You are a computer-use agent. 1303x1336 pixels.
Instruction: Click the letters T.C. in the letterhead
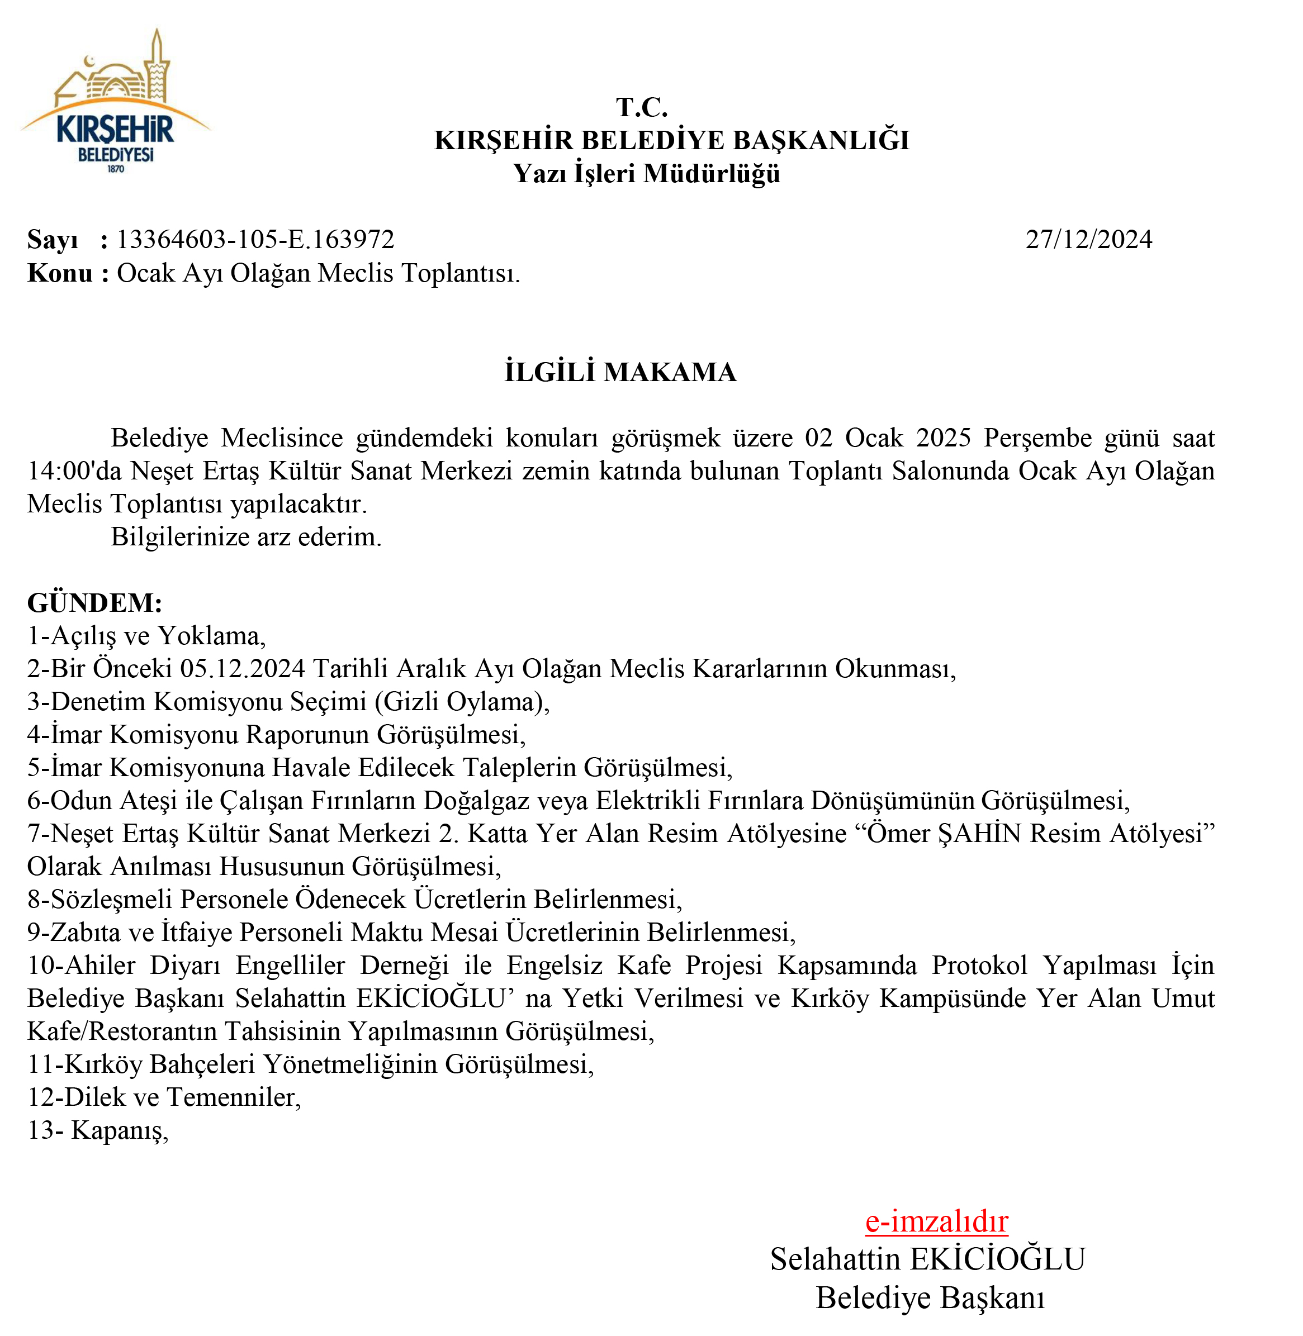point(641,107)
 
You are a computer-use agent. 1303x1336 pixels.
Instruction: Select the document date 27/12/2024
point(1088,239)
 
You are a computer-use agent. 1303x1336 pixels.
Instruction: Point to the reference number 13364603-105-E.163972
point(255,239)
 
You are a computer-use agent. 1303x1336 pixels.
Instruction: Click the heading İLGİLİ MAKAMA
point(620,372)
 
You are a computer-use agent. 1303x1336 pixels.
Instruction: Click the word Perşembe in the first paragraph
point(1037,438)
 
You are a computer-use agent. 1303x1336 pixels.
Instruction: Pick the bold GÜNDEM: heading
point(94,603)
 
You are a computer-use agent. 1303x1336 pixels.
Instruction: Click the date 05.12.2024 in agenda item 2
point(242,668)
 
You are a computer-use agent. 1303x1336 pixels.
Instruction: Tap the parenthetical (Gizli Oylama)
point(461,702)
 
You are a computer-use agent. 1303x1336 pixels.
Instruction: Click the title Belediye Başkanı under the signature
point(930,1297)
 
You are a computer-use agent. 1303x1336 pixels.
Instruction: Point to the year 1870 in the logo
point(116,169)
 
